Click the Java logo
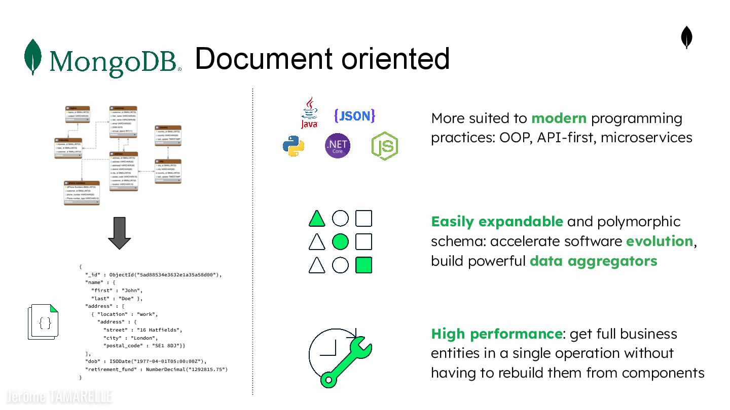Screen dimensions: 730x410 pos(309,113)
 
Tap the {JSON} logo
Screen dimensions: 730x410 pos(354,116)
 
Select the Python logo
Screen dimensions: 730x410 pos(294,146)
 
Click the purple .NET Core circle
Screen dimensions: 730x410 pos(338,146)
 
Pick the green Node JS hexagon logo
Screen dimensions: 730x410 pos(385,146)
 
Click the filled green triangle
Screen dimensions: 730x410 pos(317,219)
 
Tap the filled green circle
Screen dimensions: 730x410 pos(340,242)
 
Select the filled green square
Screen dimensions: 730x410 pos(364,265)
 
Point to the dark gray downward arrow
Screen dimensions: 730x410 pos(120,233)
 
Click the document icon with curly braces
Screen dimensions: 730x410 pos(44,322)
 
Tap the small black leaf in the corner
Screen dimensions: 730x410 pos(686,38)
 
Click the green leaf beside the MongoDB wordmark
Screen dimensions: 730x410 pos(33,57)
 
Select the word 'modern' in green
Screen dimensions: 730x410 pos(559,118)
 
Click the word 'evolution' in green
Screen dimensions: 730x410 pos(659,241)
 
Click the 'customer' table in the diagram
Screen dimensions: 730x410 pos(123,121)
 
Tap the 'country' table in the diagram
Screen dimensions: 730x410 pos(168,135)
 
